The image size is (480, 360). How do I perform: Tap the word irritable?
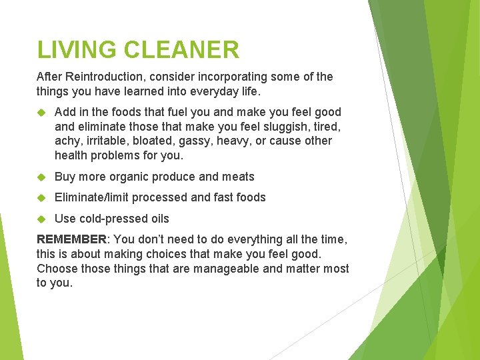(x=105, y=141)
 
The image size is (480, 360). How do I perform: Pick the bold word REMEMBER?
(x=71, y=239)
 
